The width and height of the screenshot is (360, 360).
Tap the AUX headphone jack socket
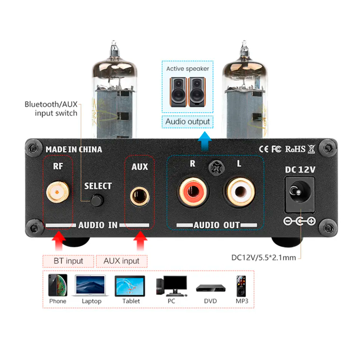(140, 195)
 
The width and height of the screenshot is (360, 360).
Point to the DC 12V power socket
(299, 194)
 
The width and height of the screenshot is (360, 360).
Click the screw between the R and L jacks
(215, 167)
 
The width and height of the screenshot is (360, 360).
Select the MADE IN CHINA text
(74, 149)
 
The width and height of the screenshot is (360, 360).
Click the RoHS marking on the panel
(295, 149)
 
